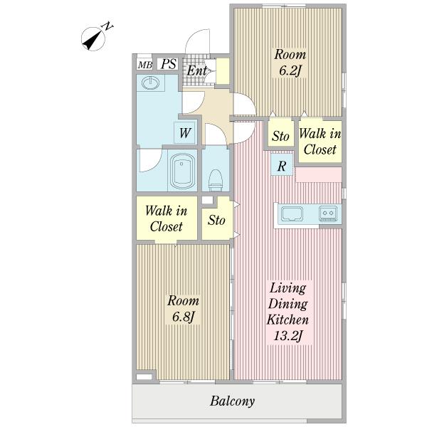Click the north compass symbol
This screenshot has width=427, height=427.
tap(93, 39)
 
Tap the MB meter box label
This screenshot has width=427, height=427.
tap(145, 65)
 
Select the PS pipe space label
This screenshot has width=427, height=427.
tap(169, 64)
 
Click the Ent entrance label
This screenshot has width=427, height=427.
tap(197, 70)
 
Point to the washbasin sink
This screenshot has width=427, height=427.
tap(151, 83)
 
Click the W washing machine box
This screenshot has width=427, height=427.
tap(185, 132)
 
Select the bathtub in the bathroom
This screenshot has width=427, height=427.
tap(182, 170)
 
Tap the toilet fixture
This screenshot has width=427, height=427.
tap(216, 180)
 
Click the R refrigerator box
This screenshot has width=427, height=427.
tap(282, 165)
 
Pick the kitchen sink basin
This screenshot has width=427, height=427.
tap(292, 213)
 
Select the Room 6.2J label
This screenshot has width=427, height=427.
tap(290, 63)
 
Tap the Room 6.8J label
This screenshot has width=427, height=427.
tap(183, 309)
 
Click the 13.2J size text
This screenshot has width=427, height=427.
tap(288, 335)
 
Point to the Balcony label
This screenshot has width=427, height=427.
tap(232, 401)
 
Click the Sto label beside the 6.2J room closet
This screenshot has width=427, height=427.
tap(280, 136)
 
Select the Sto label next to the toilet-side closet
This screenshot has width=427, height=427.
tap(216, 220)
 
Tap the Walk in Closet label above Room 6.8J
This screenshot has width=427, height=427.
tap(166, 218)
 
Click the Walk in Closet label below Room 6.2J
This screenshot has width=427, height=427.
tap(320, 142)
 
